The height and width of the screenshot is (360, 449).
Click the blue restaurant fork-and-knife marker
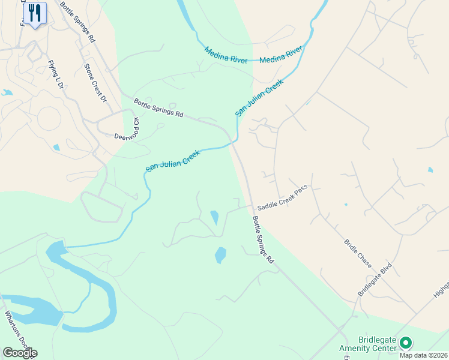35,13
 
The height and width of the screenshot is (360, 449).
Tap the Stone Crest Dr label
95,83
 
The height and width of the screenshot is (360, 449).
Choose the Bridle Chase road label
358,254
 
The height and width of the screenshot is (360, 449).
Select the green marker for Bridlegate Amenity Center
406,343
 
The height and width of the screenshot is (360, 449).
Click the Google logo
20,352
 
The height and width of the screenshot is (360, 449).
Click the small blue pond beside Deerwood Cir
56,147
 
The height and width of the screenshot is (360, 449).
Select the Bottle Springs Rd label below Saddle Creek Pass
263,240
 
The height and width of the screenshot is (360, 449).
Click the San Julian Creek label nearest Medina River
258,98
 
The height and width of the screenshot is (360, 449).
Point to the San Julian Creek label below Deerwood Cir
172,161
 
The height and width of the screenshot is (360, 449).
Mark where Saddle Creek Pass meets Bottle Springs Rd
251,206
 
